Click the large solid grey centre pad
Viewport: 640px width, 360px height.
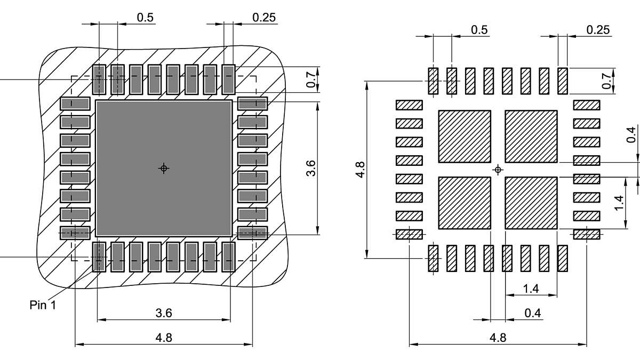pyautogui.click(x=164, y=169)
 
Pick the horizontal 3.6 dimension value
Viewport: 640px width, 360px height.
pyautogui.click(x=164, y=313)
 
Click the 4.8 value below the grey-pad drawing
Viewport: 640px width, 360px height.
pyautogui.click(x=164, y=337)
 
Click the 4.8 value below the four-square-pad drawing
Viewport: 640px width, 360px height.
pyautogui.click(x=498, y=337)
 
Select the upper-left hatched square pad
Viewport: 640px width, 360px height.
pyautogui.click(x=464, y=137)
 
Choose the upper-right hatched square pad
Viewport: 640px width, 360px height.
pyautogui.click(x=531, y=137)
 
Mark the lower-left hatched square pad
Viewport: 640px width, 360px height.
pyautogui.click(x=464, y=203)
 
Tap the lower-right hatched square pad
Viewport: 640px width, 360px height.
pyautogui.click(x=531, y=203)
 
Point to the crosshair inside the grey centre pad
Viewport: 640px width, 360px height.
pyautogui.click(x=164, y=169)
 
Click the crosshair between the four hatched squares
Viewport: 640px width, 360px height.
pyautogui.click(x=498, y=170)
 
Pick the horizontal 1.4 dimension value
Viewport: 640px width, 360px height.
pyautogui.click(x=531, y=289)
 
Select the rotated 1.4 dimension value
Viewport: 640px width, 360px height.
pyautogui.click(x=619, y=203)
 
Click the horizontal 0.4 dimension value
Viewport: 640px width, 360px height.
pyautogui.click(x=532, y=313)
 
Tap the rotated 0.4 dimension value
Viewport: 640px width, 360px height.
pyautogui.click(x=631, y=134)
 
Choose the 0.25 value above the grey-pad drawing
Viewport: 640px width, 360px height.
pyautogui.click(x=265, y=17)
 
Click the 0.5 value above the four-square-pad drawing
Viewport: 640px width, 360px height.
pyautogui.click(x=479, y=30)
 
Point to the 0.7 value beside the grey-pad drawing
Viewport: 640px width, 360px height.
pyautogui.click(x=310, y=80)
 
